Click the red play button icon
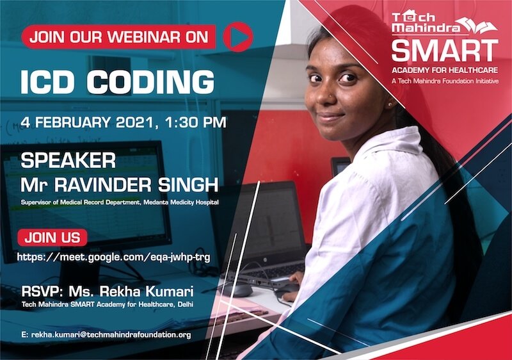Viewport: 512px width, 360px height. (x=238, y=37)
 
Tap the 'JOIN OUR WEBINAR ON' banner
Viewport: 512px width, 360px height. (x=119, y=37)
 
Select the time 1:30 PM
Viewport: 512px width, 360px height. (x=196, y=122)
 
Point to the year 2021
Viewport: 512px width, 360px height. (x=134, y=123)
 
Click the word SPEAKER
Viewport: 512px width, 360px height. (x=68, y=161)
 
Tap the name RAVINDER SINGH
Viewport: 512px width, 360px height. (x=136, y=185)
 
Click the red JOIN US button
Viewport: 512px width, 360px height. (x=52, y=238)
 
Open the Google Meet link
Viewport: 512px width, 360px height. (x=114, y=258)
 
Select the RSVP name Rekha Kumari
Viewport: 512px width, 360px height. (x=131, y=291)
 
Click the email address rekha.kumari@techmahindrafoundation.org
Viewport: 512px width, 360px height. (x=111, y=334)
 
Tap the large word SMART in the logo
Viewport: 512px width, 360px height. (x=445, y=51)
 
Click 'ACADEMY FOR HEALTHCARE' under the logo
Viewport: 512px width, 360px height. (x=445, y=70)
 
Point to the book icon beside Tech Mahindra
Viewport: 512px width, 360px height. (x=477, y=26)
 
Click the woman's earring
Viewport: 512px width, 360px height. (x=390, y=104)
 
